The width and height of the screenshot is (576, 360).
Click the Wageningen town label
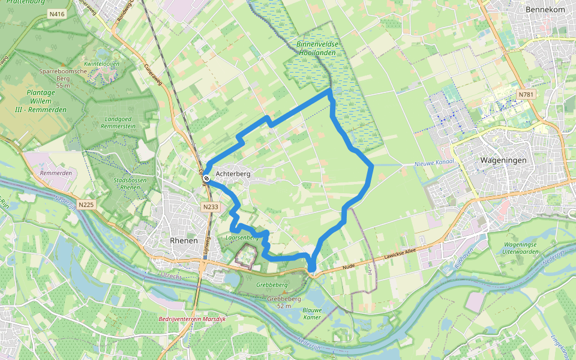point(503,161)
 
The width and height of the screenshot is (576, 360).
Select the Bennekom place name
point(545,10)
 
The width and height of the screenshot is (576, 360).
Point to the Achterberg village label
point(233,173)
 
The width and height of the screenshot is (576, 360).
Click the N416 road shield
point(58,13)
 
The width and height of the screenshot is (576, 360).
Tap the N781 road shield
point(526,94)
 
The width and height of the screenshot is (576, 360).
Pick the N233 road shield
point(210,208)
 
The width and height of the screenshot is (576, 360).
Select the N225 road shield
point(86,205)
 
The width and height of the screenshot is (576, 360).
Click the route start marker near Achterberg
point(206,178)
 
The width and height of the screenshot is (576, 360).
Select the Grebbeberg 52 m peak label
point(284,302)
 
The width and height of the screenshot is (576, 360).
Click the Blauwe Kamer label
point(312,314)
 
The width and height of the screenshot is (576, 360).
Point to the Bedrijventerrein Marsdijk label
point(193,319)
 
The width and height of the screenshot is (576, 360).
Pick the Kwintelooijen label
point(102,64)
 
